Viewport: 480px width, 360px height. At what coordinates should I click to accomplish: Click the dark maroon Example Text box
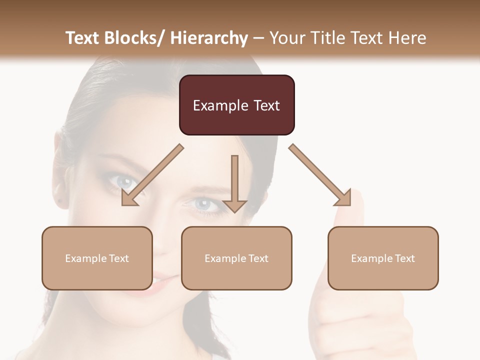coord(236,105)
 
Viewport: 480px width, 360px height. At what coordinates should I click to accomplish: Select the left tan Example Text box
coord(97,258)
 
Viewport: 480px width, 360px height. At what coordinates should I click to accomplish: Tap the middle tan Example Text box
coord(236,258)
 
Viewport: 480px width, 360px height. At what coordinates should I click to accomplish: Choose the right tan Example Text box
coord(383,258)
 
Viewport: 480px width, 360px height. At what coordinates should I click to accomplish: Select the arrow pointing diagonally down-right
coord(320,175)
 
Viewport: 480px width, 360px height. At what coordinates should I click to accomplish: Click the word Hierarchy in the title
coord(209,38)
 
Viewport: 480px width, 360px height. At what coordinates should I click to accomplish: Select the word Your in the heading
coord(286,38)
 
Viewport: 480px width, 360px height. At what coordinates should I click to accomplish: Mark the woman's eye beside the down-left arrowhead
coord(122,181)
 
